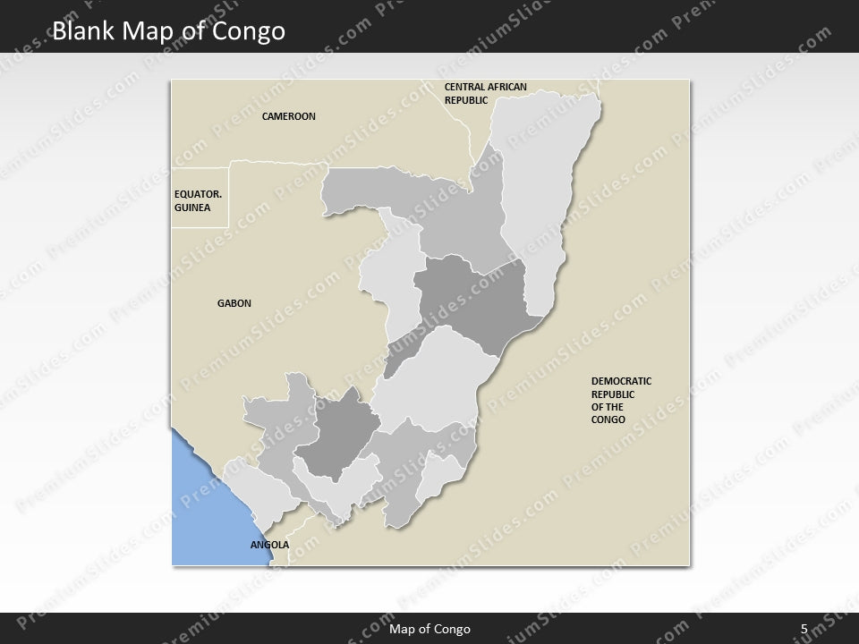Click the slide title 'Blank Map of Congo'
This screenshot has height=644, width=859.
[x=169, y=31]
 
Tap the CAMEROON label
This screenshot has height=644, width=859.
[x=288, y=117]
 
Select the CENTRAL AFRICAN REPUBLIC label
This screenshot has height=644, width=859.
[x=485, y=93]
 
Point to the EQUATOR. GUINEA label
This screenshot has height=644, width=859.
[x=192, y=200]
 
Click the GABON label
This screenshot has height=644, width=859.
[x=234, y=303]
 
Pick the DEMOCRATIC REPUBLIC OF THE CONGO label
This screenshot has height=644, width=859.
[x=621, y=400]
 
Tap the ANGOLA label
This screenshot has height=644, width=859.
[x=269, y=544]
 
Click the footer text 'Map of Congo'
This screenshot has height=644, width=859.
[x=429, y=629]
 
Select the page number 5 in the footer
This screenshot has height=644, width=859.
[x=804, y=629]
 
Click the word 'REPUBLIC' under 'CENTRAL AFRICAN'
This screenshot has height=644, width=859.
[x=466, y=100]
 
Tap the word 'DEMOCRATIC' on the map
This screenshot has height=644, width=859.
[x=621, y=381]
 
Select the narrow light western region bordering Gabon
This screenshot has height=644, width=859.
[x=389, y=286]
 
